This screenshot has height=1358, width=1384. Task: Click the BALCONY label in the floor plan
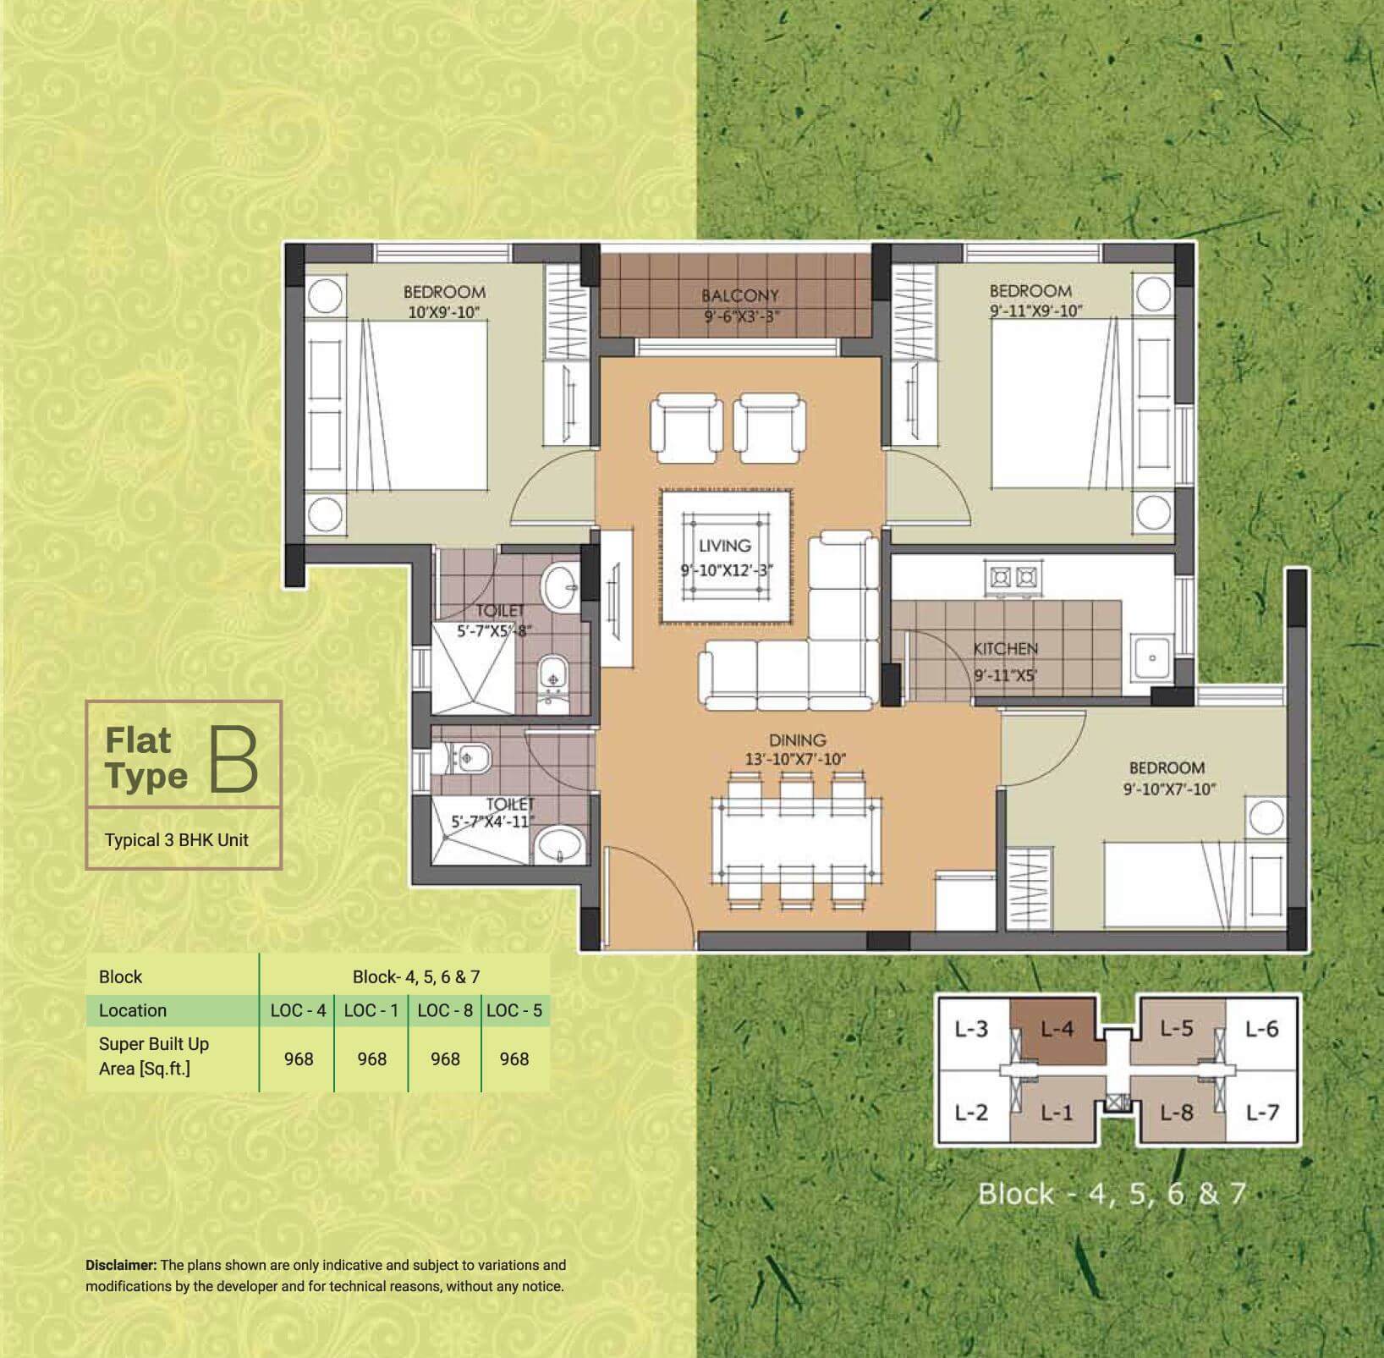[x=739, y=296]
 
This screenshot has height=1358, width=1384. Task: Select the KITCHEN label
[x=1005, y=649]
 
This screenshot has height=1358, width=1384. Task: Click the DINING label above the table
[x=797, y=740]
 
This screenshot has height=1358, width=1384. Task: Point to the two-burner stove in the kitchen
[x=1013, y=578]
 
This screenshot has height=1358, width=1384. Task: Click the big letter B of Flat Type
[x=233, y=759]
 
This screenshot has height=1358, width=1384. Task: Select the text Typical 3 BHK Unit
[x=177, y=840]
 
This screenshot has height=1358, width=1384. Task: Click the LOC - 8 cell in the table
[x=445, y=1010]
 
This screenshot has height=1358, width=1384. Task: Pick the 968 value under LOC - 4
[x=299, y=1059]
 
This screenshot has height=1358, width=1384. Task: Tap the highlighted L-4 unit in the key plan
[x=1057, y=1029]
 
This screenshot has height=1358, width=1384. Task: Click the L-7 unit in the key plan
[x=1262, y=1113]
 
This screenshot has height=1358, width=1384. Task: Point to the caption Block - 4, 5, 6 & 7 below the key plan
[x=1112, y=1194]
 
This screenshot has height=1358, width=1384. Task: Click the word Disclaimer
[x=121, y=1266]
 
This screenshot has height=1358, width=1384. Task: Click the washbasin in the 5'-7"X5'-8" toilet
[x=559, y=584]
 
